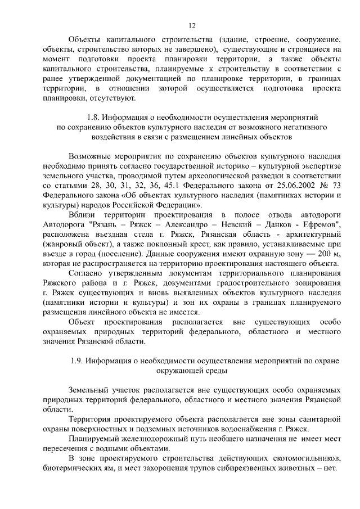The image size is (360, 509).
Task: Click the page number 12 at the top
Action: click(191, 25)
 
